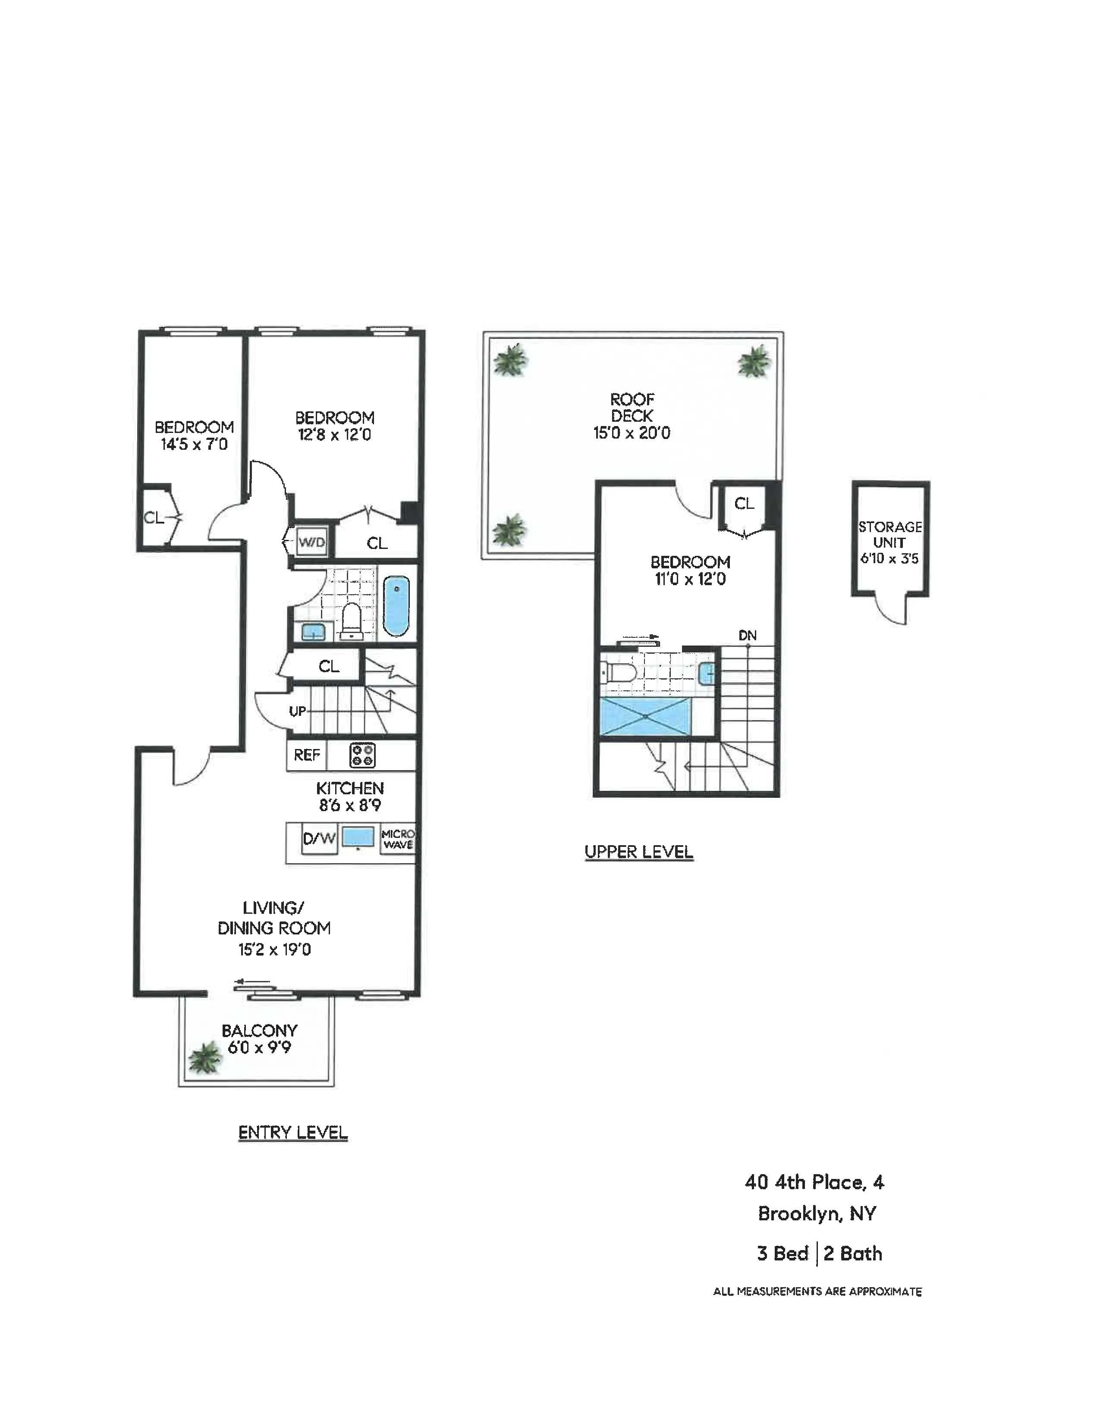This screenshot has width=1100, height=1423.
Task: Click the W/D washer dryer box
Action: pyautogui.click(x=311, y=542)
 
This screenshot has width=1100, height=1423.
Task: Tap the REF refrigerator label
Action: pyautogui.click(x=306, y=755)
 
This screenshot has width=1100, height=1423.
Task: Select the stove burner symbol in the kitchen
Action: pyautogui.click(x=362, y=755)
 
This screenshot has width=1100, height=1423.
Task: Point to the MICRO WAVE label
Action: pyautogui.click(x=398, y=839)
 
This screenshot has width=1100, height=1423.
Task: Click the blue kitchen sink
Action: pyautogui.click(x=358, y=837)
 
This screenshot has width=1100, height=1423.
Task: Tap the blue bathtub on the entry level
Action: pyautogui.click(x=396, y=606)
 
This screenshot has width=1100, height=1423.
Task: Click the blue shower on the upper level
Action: pyautogui.click(x=645, y=716)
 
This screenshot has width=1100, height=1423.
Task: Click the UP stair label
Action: pyautogui.click(x=297, y=711)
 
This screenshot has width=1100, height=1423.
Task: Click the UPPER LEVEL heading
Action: pyautogui.click(x=638, y=852)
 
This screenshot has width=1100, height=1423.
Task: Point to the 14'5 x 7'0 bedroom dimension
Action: pyautogui.click(x=194, y=444)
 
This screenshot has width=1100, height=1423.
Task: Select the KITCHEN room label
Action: pyautogui.click(x=350, y=788)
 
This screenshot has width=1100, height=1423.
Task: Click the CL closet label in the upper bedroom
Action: pyautogui.click(x=744, y=504)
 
